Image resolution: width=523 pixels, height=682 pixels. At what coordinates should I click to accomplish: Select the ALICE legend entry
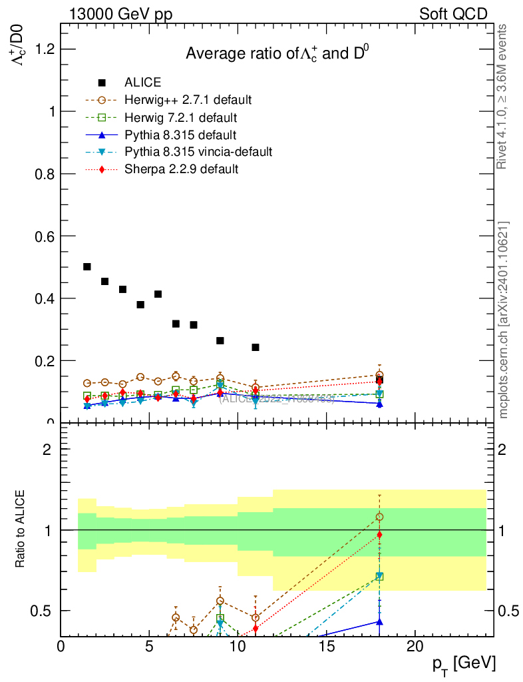coord(142,83)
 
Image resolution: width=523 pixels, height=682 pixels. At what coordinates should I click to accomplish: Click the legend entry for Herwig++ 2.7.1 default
coord(188,100)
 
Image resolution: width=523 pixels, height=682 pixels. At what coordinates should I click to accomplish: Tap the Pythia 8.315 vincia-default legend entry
coord(198,152)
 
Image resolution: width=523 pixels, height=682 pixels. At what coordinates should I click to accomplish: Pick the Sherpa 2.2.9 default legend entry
coord(181,169)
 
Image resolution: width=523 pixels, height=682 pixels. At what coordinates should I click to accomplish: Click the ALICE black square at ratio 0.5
coord(87,266)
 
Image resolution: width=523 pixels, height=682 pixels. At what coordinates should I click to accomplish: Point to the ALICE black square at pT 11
coord(256,347)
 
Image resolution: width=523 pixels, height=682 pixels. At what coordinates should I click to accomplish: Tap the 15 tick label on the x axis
coord(326,647)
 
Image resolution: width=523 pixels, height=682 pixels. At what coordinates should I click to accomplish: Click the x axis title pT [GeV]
coord(464,663)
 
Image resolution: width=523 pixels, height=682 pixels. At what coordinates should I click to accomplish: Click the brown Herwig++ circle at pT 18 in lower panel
coord(379,517)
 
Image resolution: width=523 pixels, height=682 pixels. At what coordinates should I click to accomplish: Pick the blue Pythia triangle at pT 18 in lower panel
coord(379,621)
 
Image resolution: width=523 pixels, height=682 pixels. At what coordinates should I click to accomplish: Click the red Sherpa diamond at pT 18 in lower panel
coord(379,534)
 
